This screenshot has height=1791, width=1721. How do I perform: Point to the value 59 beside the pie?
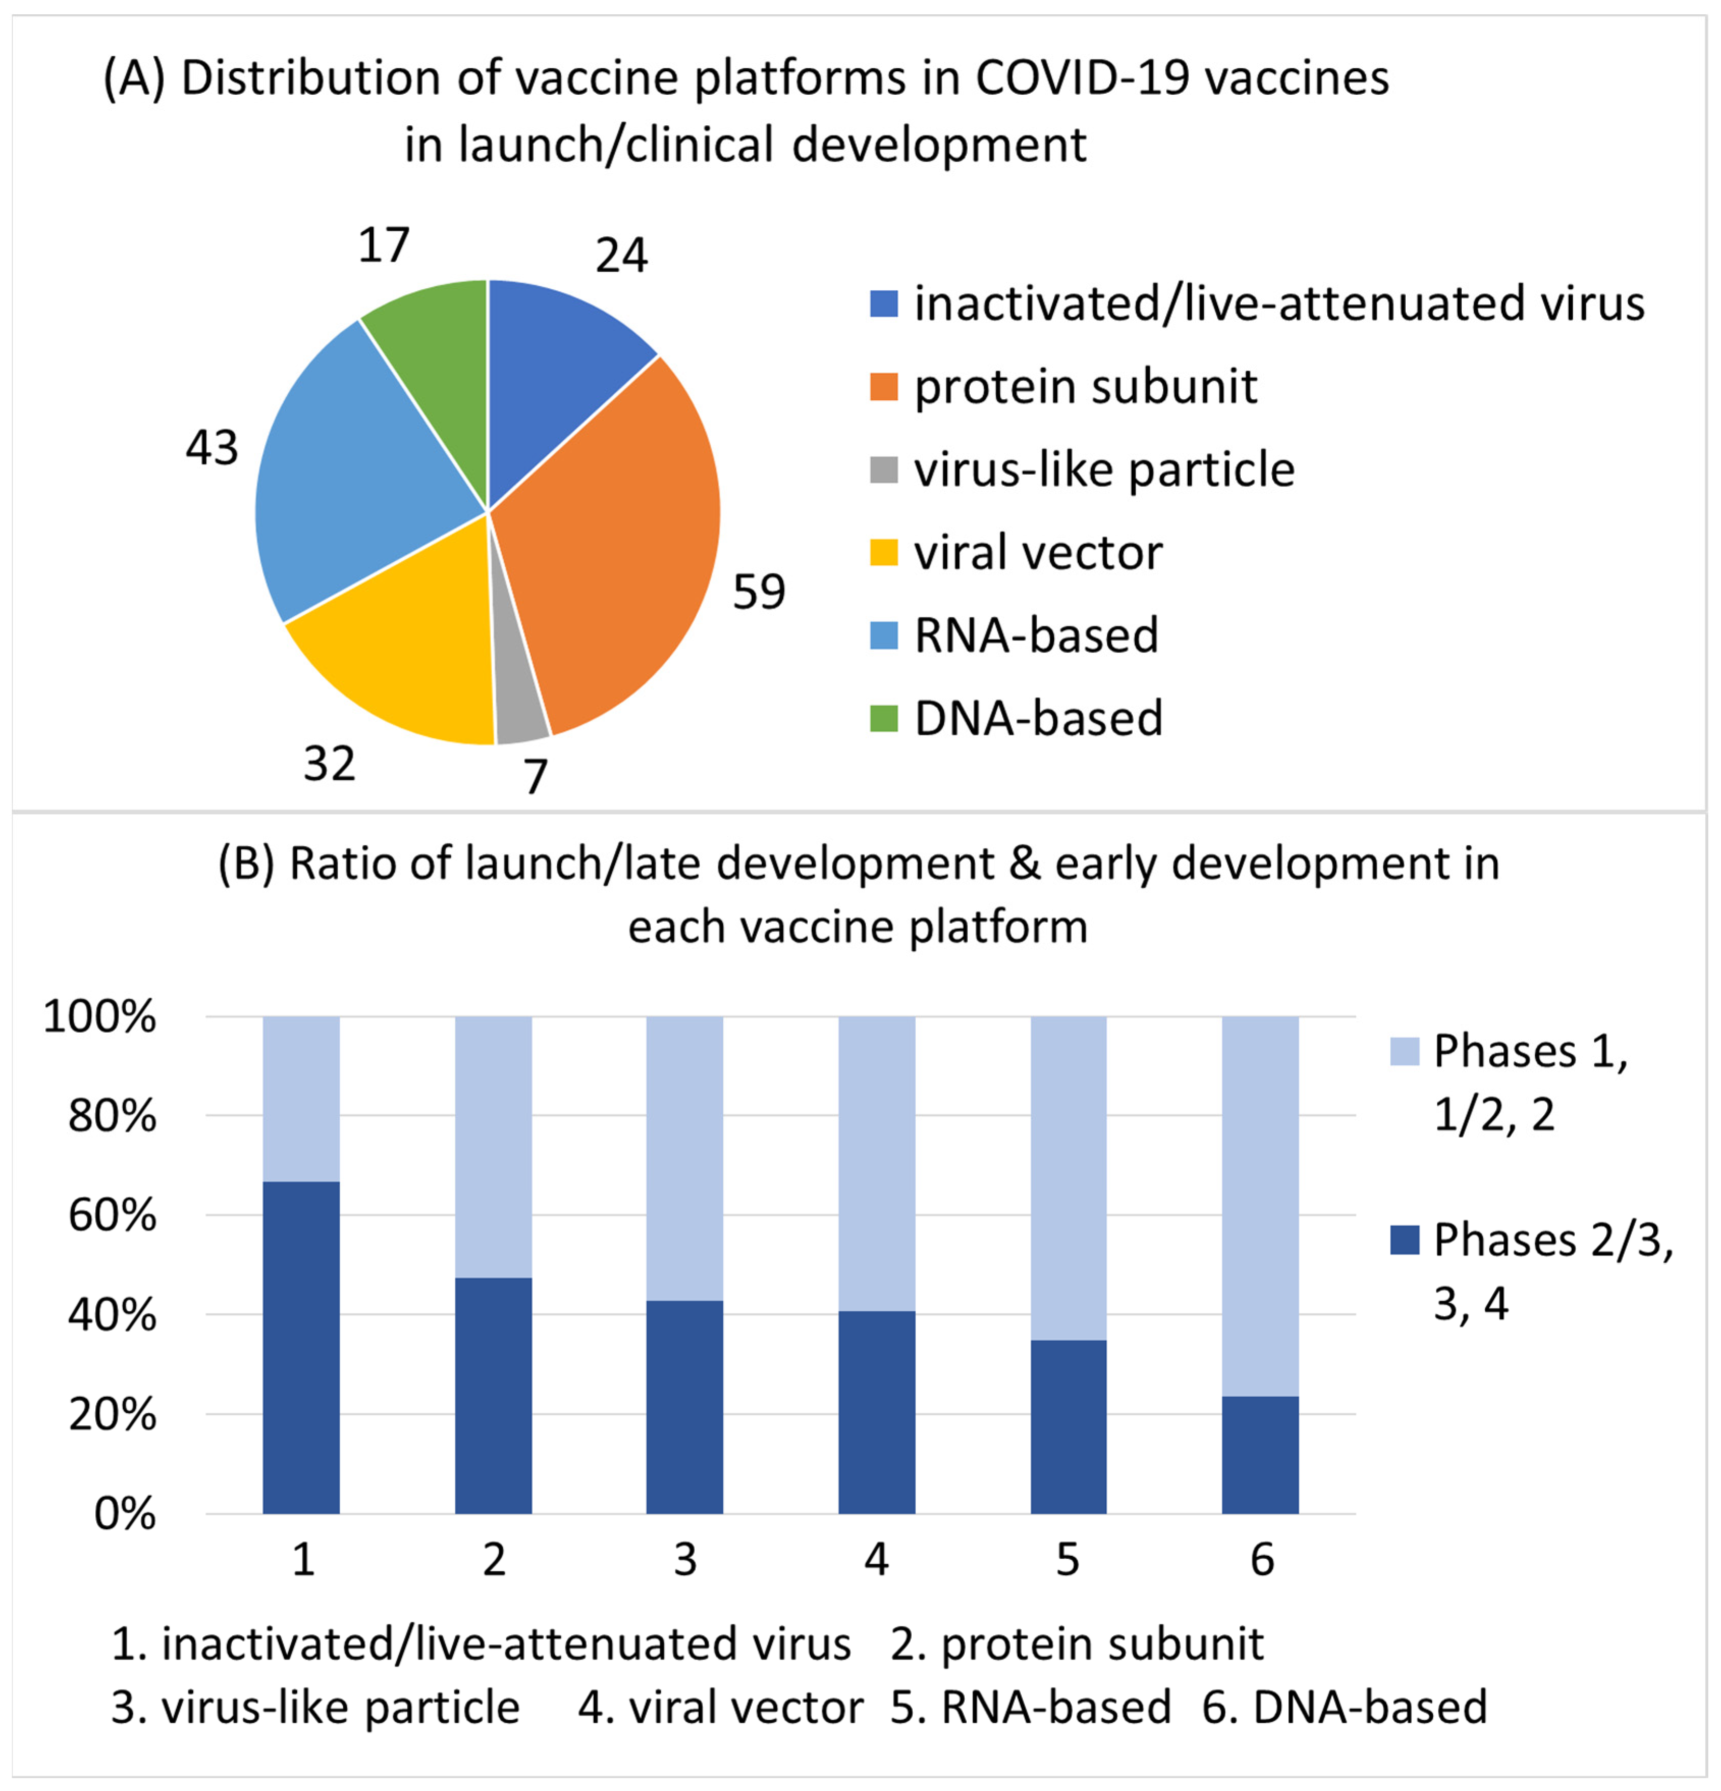point(758,592)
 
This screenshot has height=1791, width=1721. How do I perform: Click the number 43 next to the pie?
point(212,448)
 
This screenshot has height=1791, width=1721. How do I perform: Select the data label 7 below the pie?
point(535,777)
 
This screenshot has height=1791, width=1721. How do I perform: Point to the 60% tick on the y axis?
point(112,1216)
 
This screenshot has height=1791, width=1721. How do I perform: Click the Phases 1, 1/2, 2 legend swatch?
point(1404,1052)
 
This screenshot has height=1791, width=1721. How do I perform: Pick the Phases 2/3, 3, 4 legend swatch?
point(1404,1241)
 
